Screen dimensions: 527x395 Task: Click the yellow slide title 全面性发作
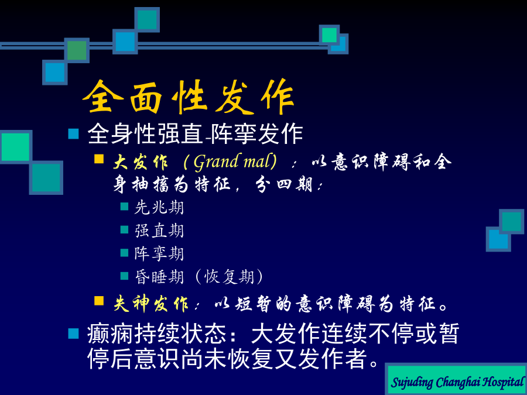point(188,97)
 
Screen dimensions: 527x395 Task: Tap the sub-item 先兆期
point(159,207)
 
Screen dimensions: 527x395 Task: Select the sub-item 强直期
point(159,231)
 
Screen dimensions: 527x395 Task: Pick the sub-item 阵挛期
point(159,253)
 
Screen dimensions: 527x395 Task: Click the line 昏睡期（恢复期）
point(199,277)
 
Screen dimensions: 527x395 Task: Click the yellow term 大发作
point(141,163)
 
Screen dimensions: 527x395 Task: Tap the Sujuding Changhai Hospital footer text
point(458,382)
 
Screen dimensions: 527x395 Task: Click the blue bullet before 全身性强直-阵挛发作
point(73,133)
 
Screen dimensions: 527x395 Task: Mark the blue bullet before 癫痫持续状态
point(73,334)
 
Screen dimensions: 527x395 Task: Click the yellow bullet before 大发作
point(99,159)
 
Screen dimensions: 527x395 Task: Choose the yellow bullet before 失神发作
point(99,301)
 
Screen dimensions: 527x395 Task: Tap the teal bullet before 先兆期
point(124,206)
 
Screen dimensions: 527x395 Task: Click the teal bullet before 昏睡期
point(124,276)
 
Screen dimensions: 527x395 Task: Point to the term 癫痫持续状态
point(156,334)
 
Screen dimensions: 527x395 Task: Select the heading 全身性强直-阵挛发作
point(195,134)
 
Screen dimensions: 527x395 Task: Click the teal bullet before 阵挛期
point(124,253)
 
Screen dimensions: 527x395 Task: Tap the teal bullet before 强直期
point(124,229)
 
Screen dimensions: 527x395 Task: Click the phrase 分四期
point(285,185)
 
